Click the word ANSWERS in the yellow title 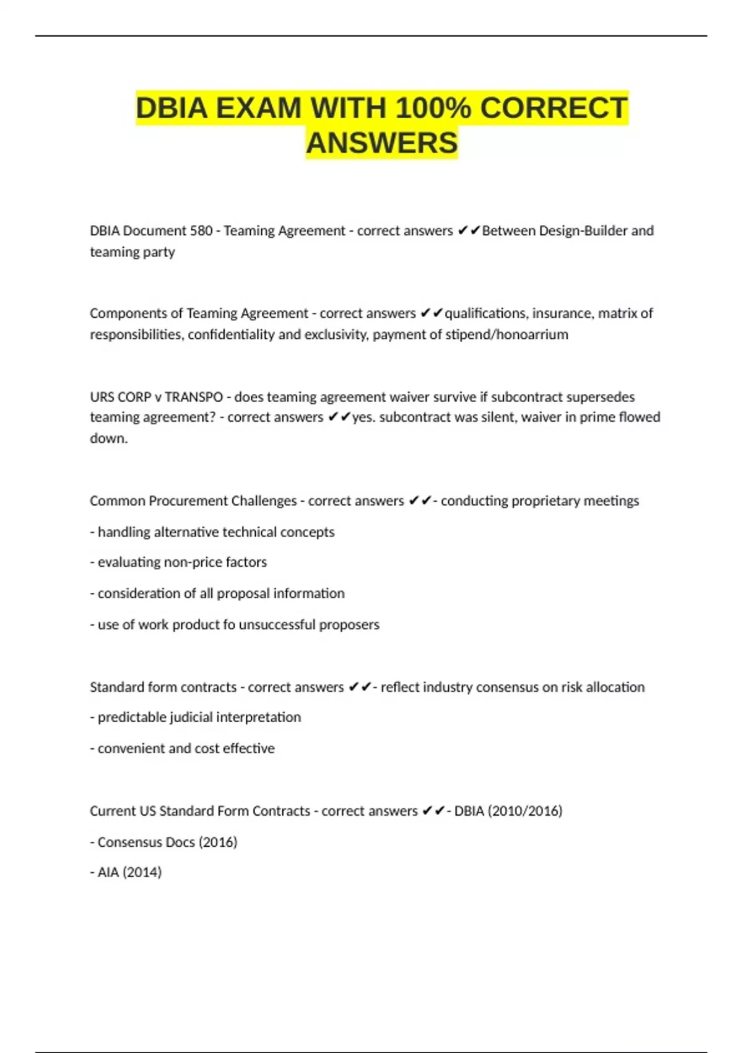pyautogui.click(x=381, y=142)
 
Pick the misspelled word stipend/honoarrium pyautogui.click(x=506, y=334)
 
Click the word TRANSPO pyautogui.click(x=194, y=396)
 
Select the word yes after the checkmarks pyautogui.click(x=363, y=417)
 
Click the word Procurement pyautogui.click(x=187, y=500)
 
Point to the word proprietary pyautogui.click(x=539, y=500)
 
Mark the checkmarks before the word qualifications pyautogui.click(x=432, y=313)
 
